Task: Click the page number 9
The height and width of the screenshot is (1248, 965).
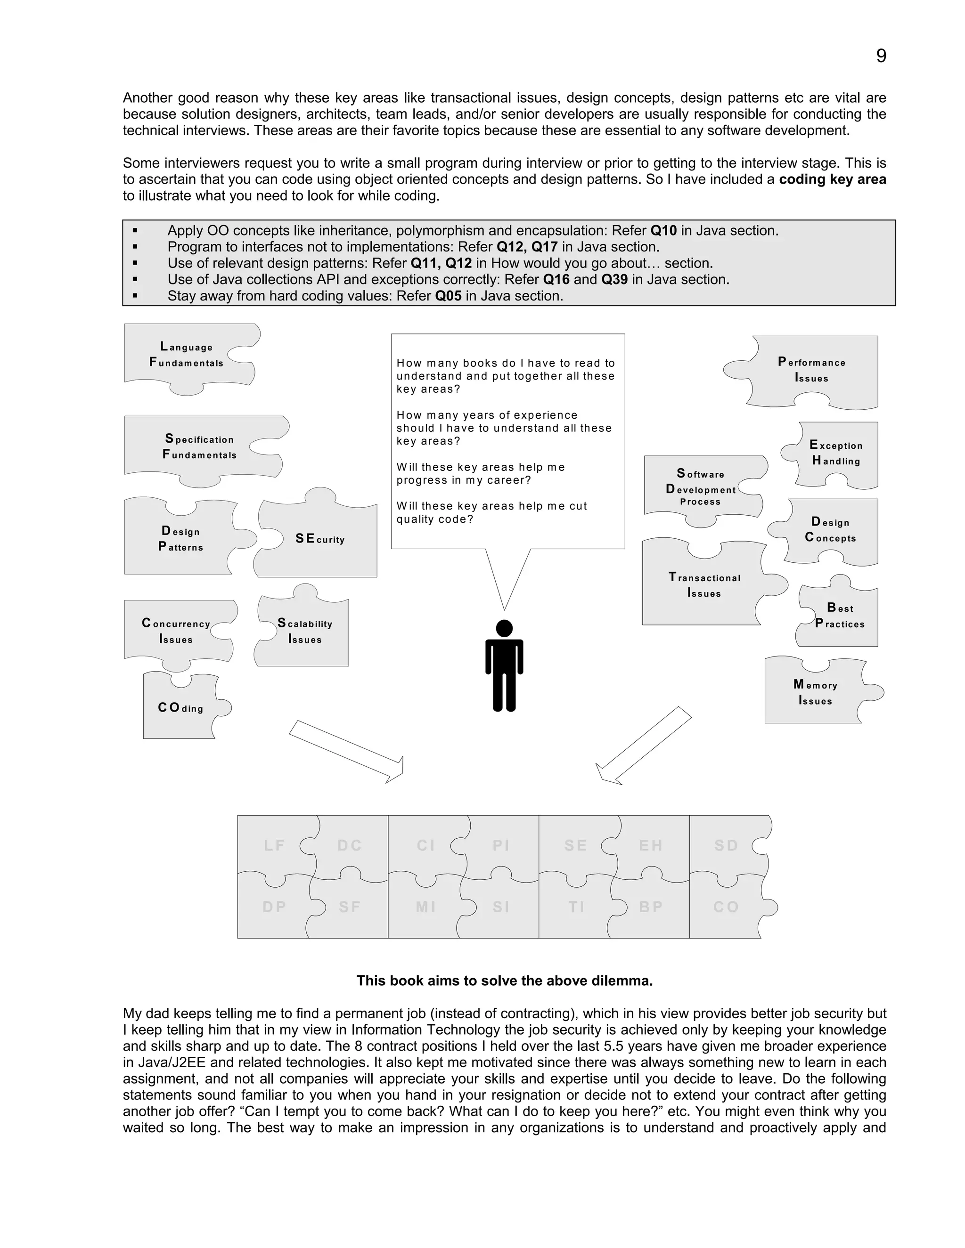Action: (x=881, y=56)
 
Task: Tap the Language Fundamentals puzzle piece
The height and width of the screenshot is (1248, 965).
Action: (x=187, y=356)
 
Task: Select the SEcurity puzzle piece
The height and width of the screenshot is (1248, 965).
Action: (x=319, y=539)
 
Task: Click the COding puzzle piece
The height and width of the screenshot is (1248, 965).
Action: (x=180, y=708)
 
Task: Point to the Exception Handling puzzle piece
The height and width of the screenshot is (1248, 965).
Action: (x=836, y=453)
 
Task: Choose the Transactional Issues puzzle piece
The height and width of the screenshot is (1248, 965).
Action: (x=704, y=585)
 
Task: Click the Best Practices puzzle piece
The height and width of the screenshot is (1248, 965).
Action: (x=839, y=616)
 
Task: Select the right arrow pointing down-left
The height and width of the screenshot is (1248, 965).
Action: (x=643, y=746)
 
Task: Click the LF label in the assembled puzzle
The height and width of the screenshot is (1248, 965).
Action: (x=274, y=846)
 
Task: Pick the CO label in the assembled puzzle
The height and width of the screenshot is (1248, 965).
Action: (x=726, y=907)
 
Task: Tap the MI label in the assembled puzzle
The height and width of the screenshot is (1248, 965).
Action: (x=426, y=907)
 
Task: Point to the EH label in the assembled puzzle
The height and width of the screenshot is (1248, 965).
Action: (x=651, y=846)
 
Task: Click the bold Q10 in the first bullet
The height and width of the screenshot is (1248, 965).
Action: (x=663, y=231)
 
